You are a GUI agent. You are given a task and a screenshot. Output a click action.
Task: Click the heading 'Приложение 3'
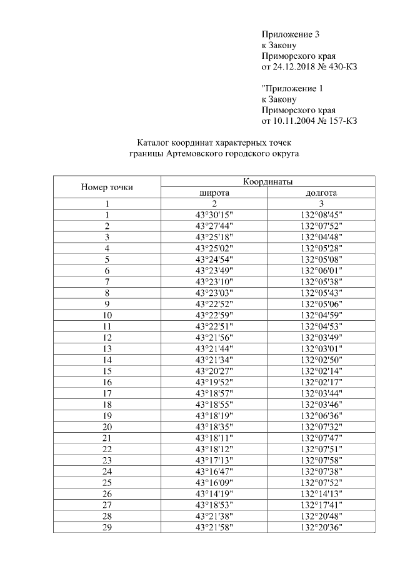(x=291, y=34)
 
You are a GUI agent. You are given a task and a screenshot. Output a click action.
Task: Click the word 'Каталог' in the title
(x=155, y=143)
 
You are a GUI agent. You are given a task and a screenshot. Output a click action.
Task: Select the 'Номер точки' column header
(x=107, y=187)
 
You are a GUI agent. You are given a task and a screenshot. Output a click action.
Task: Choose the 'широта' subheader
(x=214, y=193)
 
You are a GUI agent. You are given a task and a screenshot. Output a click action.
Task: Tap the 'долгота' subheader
(x=321, y=193)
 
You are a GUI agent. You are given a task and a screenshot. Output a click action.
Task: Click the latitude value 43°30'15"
(x=214, y=215)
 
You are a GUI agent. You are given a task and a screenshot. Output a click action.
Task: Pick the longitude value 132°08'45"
(x=321, y=215)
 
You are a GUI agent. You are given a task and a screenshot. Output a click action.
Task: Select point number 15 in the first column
(x=107, y=370)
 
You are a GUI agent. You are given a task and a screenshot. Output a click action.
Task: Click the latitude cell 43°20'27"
(x=214, y=370)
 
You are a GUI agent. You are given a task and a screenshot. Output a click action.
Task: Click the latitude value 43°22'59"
(x=214, y=315)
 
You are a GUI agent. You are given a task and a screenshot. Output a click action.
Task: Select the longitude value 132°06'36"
(x=321, y=415)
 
